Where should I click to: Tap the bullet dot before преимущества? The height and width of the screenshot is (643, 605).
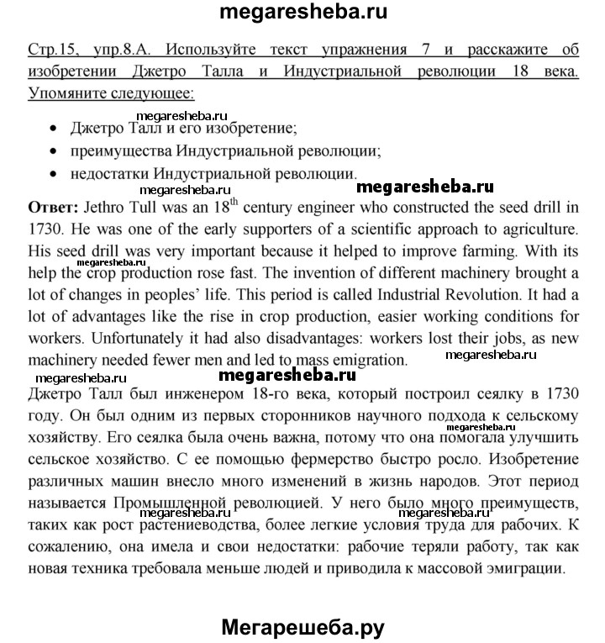(x=55, y=153)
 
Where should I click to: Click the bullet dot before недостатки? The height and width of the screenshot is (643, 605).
(x=55, y=175)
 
